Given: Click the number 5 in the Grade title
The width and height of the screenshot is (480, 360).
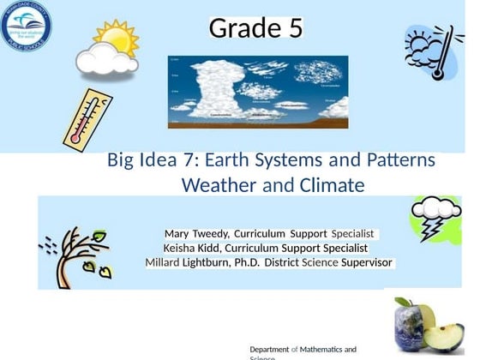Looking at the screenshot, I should [292, 29].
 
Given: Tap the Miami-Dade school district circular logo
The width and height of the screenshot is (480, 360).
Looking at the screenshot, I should [26, 26].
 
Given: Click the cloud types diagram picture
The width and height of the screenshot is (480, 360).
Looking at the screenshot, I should [258, 92].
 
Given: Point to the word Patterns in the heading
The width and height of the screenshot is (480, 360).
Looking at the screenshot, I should [394, 161].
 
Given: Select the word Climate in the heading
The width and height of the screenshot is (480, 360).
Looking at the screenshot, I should [333, 185].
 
